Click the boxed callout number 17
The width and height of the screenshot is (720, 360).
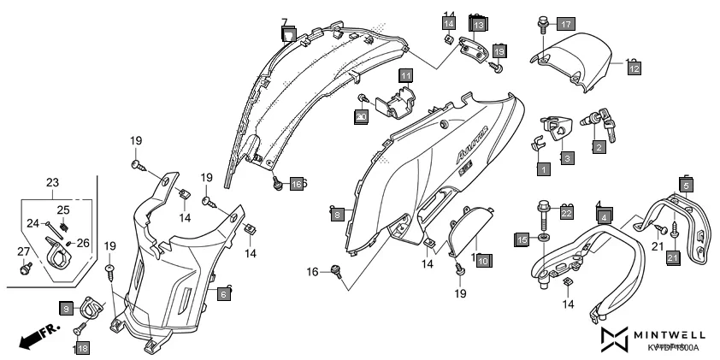(566, 24)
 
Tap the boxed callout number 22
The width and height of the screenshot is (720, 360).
(566, 212)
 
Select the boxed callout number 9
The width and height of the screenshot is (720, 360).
(67, 307)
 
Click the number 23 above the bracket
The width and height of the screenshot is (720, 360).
(52, 182)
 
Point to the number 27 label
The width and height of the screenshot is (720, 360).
(22, 251)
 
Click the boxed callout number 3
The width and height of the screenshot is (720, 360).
(567, 158)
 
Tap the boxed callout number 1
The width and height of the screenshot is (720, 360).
(542, 169)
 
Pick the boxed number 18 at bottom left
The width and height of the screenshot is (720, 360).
(81, 348)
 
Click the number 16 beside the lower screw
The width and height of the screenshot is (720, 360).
(312, 272)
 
